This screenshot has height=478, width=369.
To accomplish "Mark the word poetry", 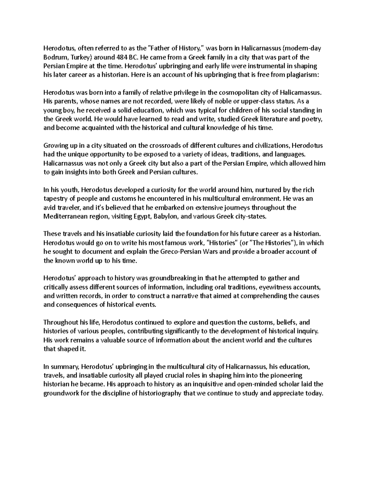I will point(311,119).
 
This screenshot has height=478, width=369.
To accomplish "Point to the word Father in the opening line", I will point(161,48).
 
